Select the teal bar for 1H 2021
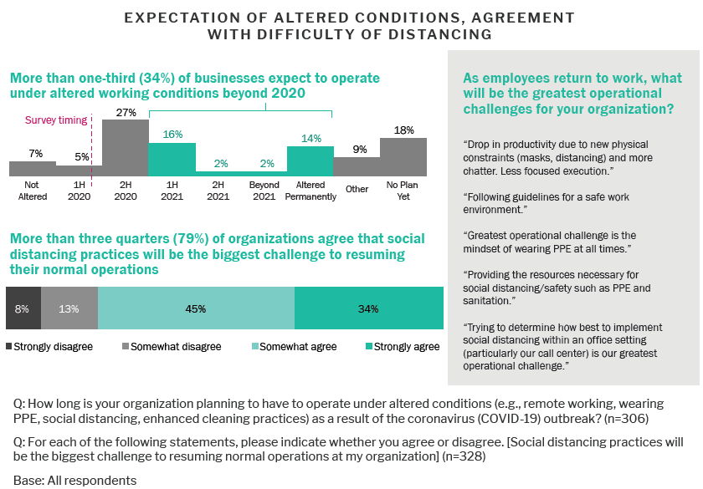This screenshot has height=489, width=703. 172,159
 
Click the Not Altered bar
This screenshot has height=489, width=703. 33,168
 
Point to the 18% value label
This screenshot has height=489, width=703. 404,130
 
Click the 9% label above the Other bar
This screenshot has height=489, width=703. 357,150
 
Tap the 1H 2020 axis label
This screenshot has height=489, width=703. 80,191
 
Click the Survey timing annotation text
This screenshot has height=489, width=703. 56,120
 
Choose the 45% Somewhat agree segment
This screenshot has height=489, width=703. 197,308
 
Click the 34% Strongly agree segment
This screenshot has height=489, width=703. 368,308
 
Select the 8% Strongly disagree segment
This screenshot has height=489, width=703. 23,308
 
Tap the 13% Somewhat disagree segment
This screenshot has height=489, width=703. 69,308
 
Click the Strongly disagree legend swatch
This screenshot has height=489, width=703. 9,346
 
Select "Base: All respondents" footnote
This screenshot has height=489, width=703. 74,480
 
